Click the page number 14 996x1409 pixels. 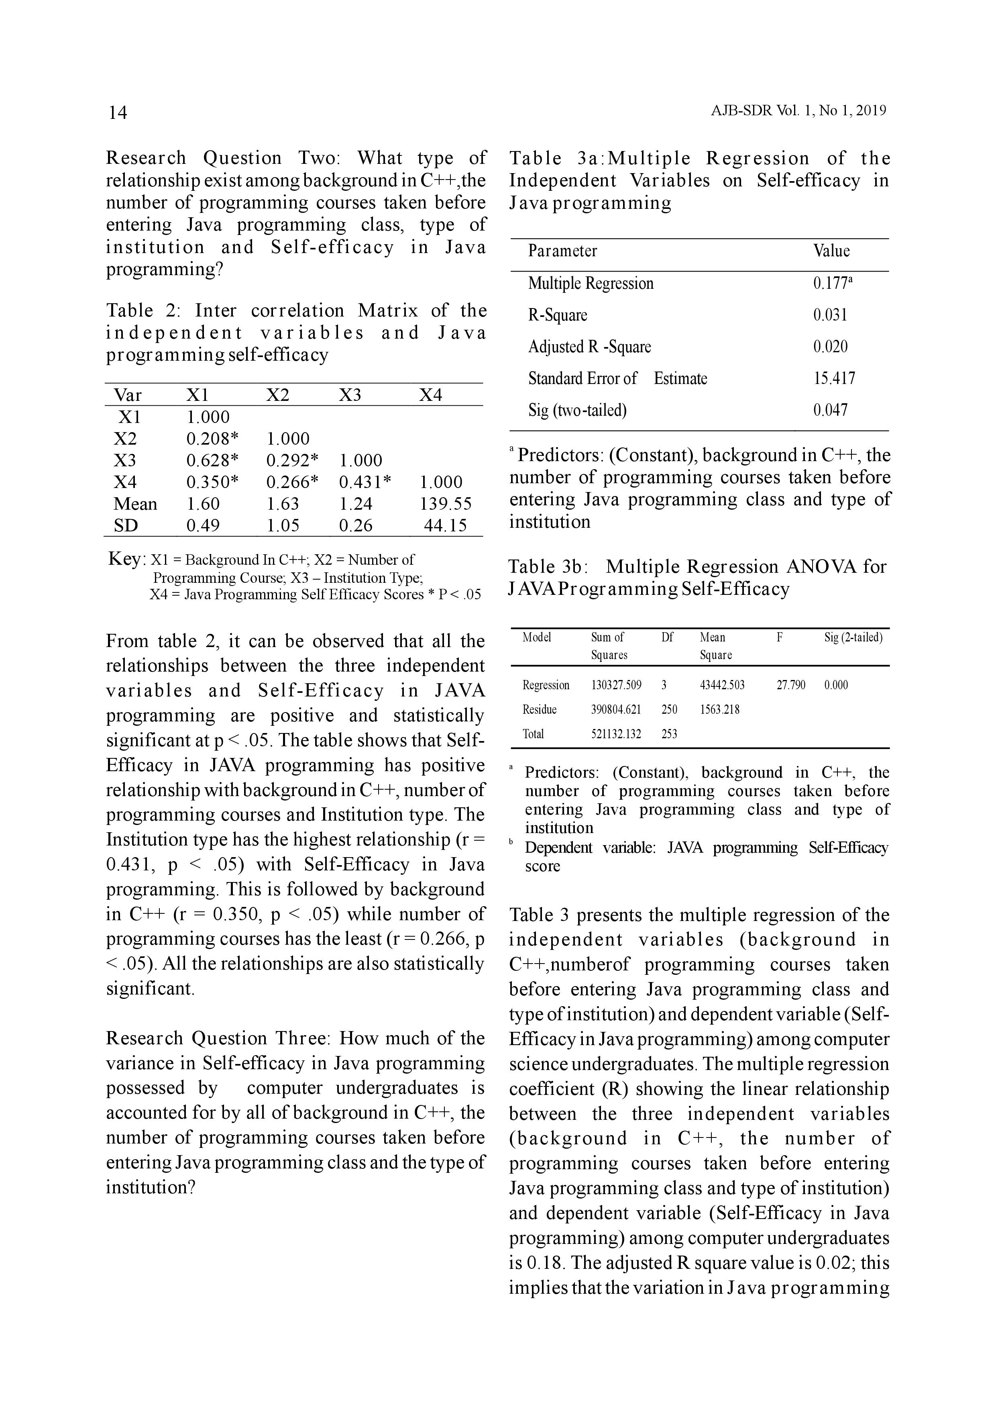click(118, 112)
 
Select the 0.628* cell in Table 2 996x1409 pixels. click(212, 460)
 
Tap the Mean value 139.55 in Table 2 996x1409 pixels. click(445, 504)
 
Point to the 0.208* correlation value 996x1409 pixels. click(212, 439)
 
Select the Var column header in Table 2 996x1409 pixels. click(128, 395)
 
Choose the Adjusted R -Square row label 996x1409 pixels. click(589, 347)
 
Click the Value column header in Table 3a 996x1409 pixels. click(831, 251)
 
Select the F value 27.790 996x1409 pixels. click(790, 685)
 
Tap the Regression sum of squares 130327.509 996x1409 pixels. click(616, 685)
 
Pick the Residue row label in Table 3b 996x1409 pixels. click(539, 709)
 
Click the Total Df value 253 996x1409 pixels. click(669, 734)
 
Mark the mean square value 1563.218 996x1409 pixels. click(719, 709)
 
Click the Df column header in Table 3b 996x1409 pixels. click(667, 637)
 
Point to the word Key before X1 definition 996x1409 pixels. click(126, 559)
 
